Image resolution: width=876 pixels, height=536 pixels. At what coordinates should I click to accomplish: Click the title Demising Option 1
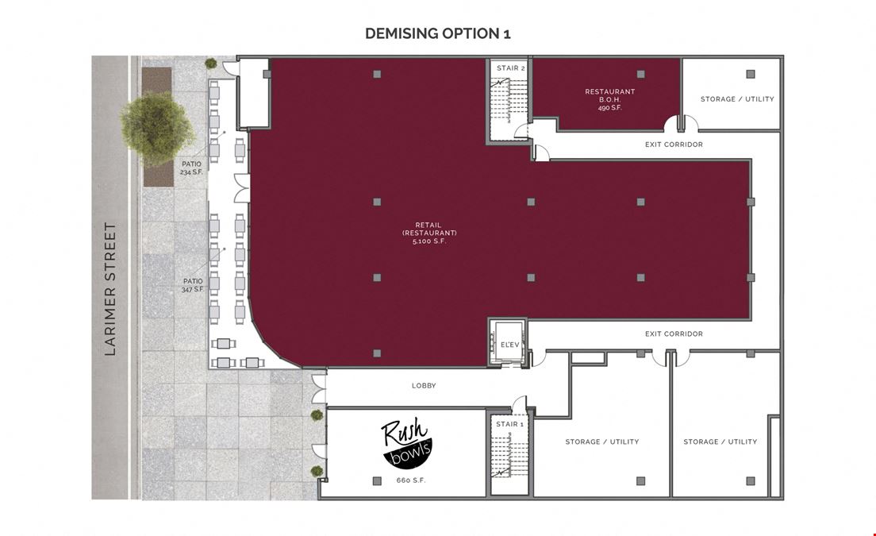(437, 33)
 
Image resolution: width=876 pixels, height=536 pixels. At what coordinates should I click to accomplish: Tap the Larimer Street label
(110, 289)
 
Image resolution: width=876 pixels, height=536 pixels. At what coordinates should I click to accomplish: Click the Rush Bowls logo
(405, 443)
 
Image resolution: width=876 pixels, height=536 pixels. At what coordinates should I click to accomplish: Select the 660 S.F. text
(411, 480)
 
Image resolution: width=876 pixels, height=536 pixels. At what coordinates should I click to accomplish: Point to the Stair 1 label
(509, 424)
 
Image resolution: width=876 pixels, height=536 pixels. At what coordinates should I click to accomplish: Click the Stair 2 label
(511, 68)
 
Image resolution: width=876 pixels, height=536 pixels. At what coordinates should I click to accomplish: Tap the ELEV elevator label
(509, 345)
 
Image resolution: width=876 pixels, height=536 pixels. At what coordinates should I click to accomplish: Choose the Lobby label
(424, 386)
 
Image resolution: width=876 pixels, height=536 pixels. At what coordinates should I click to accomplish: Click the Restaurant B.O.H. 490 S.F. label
(609, 99)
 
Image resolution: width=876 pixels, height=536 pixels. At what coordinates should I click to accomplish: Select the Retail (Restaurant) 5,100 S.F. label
(429, 233)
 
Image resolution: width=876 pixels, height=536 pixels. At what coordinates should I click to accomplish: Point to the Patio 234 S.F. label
(191, 168)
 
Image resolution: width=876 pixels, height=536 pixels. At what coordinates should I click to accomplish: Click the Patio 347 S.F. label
(193, 285)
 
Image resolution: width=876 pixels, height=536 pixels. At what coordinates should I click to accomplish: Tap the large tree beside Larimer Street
(157, 128)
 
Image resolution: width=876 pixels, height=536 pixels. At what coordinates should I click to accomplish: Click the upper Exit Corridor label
(674, 145)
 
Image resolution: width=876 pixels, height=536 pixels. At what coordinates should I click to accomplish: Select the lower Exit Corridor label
(674, 334)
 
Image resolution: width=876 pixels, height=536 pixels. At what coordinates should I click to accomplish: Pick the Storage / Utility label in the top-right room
(737, 99)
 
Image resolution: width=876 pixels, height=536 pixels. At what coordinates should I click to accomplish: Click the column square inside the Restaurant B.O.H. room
(641, 74)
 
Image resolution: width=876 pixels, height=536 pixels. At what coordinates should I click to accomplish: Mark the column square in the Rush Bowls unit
(377, 480)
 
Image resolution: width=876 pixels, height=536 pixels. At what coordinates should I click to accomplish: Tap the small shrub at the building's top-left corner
(210, 64)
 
